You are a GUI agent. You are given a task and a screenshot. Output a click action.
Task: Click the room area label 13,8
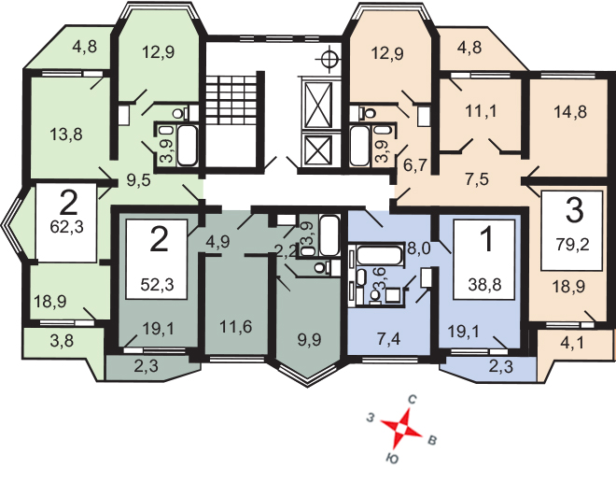point(65,134)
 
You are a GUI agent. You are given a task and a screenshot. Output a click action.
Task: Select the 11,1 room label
point(483,110)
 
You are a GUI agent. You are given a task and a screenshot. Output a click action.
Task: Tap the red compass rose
point(402,431)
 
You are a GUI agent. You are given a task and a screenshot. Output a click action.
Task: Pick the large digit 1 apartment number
point(485,241)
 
